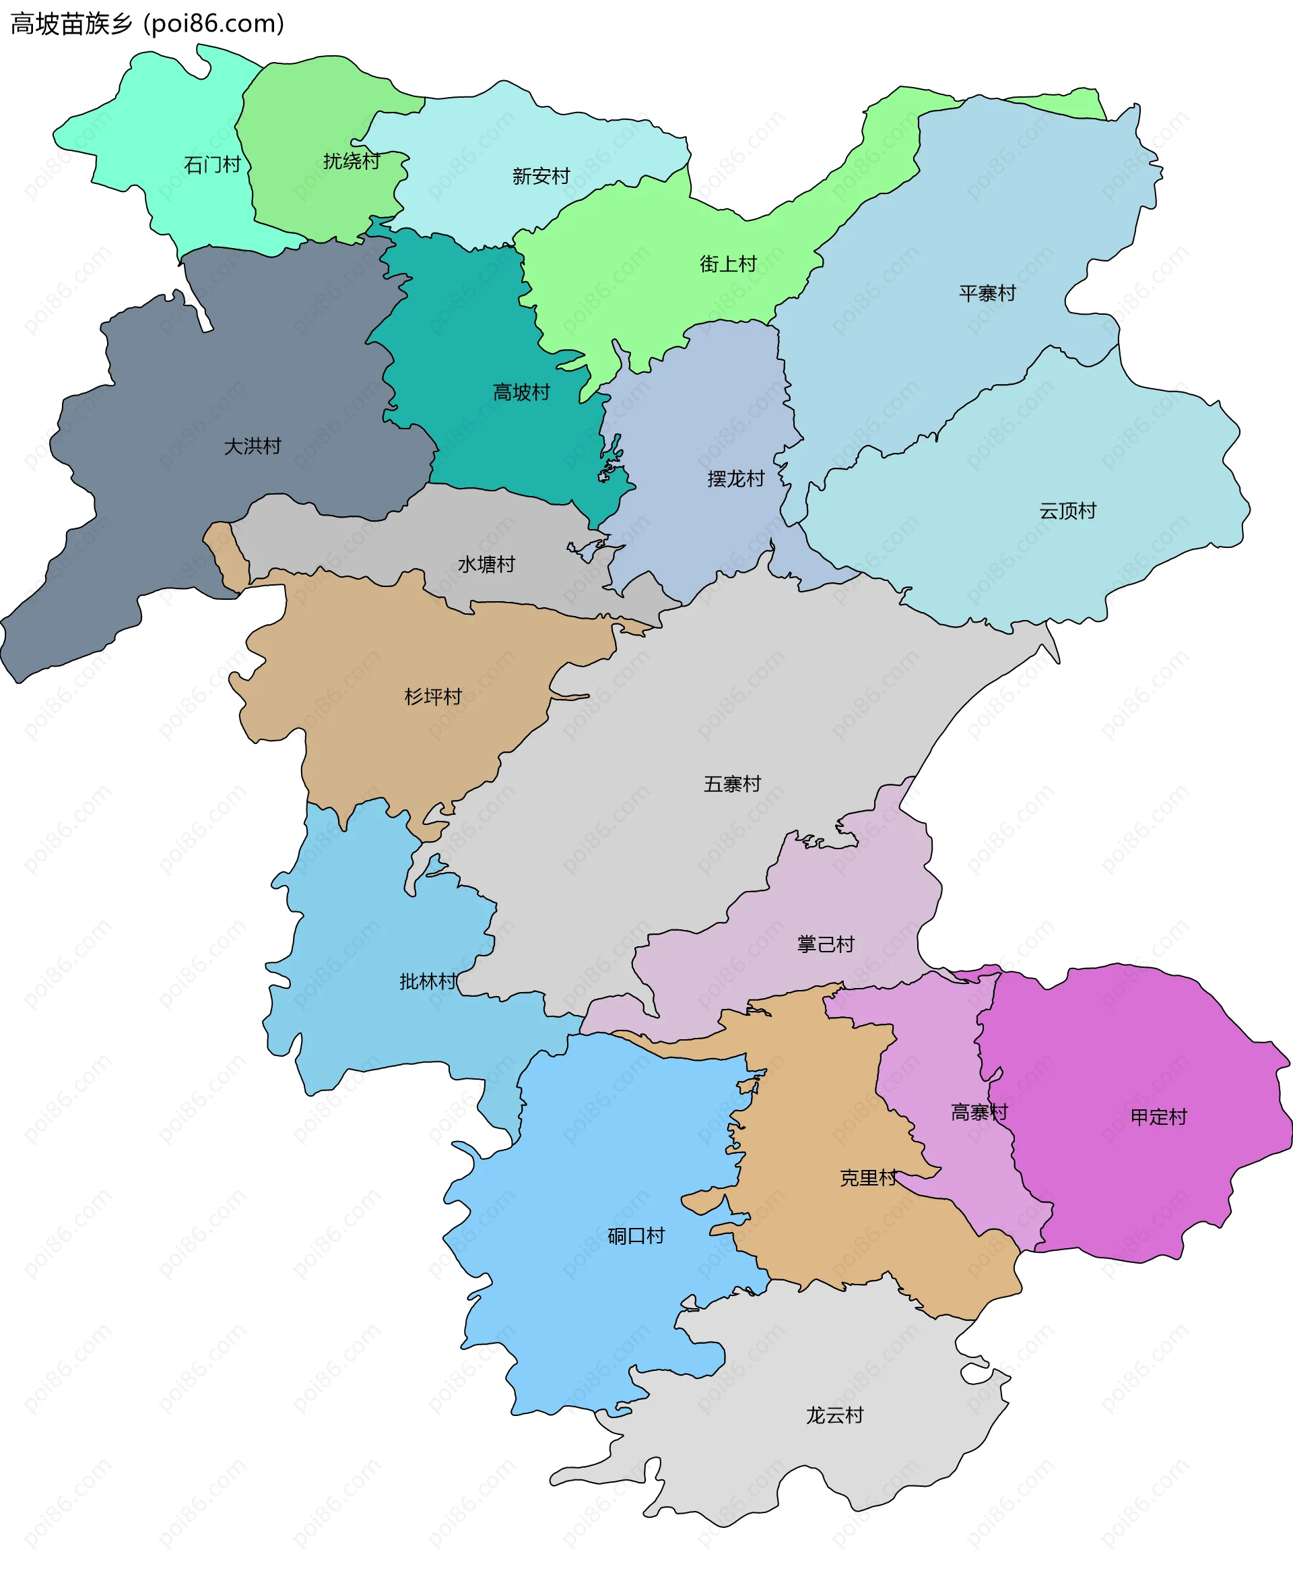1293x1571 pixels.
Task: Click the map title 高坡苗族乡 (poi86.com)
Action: pos(147,24)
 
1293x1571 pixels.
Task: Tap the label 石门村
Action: pos(212,164)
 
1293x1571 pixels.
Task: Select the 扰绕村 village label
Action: pos(352,160)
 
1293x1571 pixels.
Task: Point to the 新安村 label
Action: pos(541,176)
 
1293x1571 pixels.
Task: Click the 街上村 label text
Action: pos(728,263)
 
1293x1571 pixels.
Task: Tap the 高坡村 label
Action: pos(521,392)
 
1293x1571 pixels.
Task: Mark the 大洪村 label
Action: pos(253,445)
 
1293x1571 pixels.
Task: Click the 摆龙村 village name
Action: pos(736,479)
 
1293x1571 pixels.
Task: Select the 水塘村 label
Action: pos(486,564)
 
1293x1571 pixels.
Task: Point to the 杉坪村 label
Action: pos(433,696)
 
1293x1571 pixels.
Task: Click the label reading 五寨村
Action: pos(732,783)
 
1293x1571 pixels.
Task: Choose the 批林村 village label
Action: pos(428,981)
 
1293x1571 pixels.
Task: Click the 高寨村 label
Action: pos(979,1113)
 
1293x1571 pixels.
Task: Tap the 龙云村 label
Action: pos(834,1415)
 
